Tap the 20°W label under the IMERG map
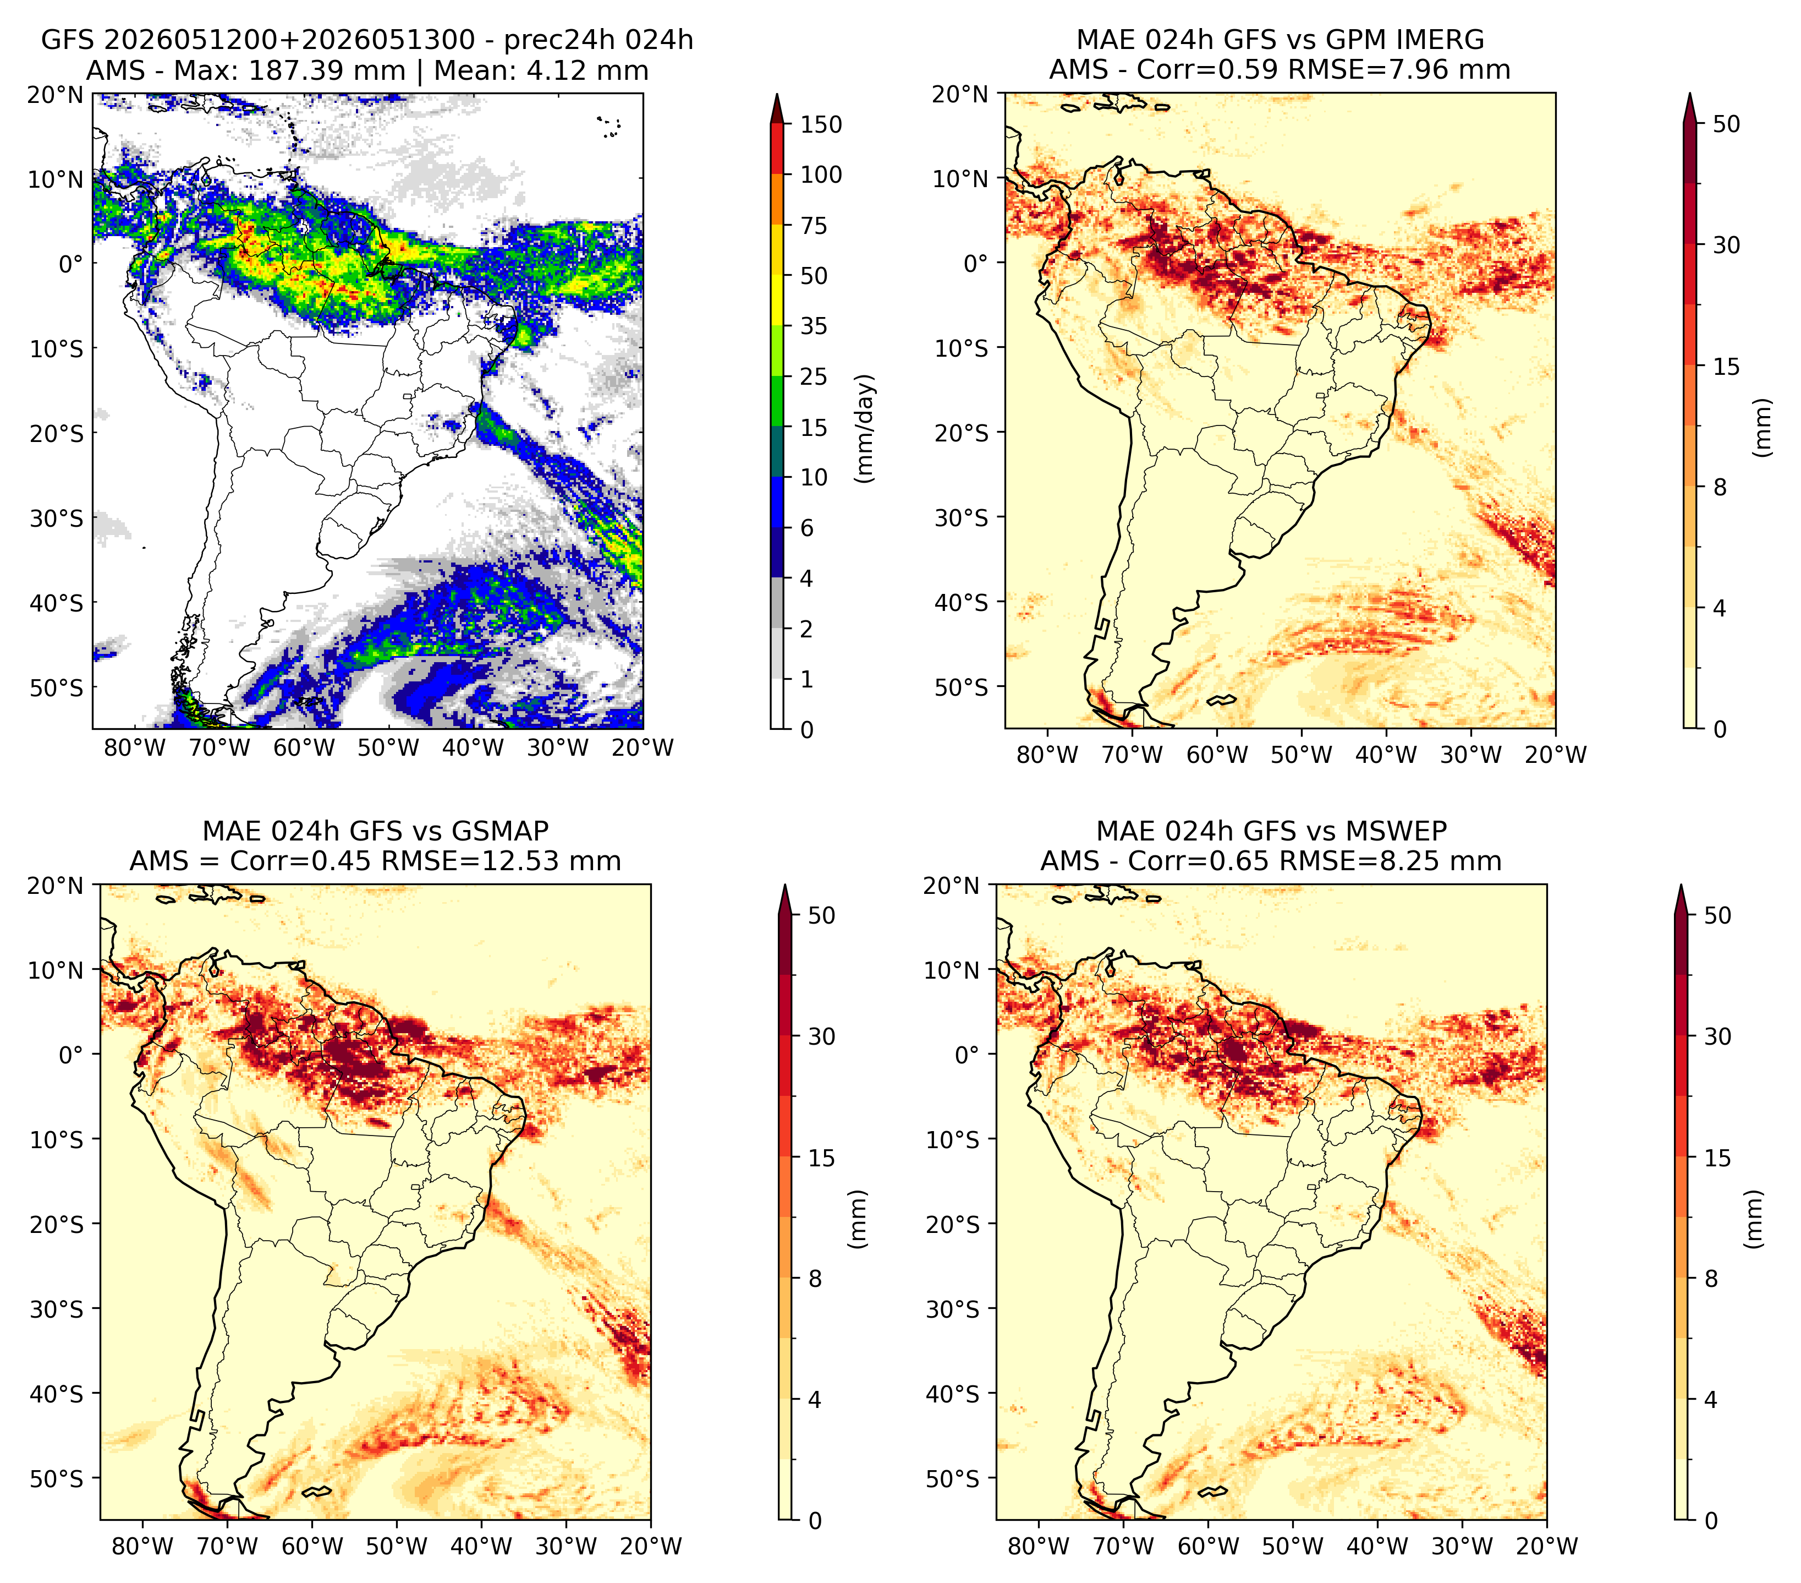pos(1555,755)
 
